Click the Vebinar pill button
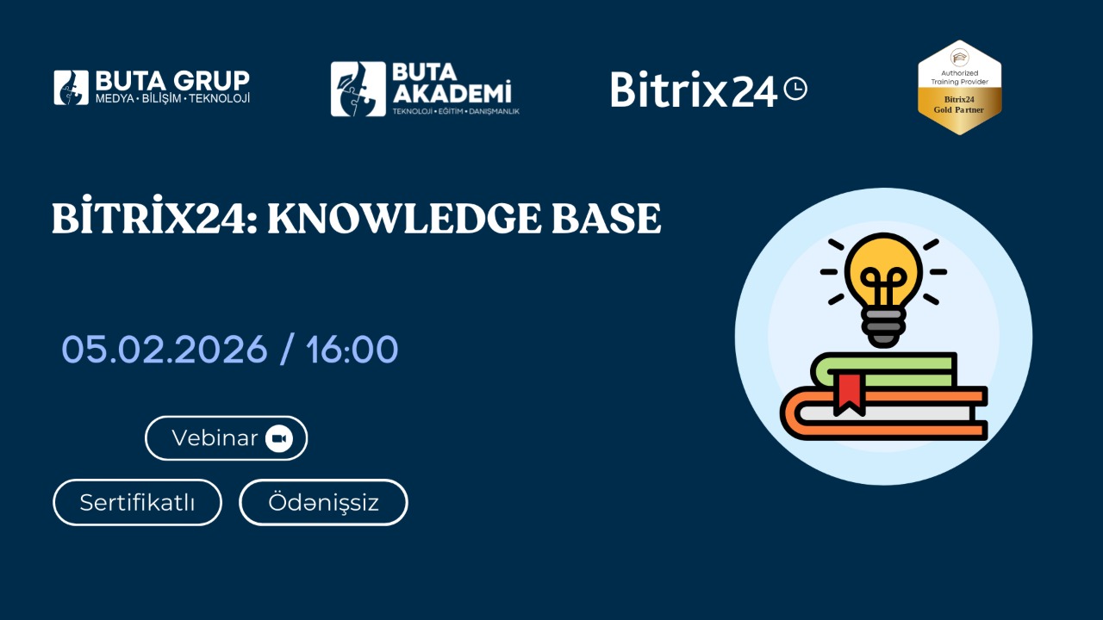(226, 438)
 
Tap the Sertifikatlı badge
(137, 502)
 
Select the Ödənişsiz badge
(323, 502)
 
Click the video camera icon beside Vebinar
(279, 438)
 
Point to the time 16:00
(352, 350)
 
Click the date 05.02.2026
(165, 350)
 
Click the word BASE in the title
(607, 219)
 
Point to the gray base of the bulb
(883, 327)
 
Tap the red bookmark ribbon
(849, 394)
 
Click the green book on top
(884, 369)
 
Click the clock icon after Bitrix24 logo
(795, 89)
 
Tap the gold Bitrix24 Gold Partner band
(960, 105)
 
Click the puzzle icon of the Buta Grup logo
(71, 88)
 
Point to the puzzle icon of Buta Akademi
(358, 89)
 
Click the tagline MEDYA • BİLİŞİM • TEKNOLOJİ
(172, 98)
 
